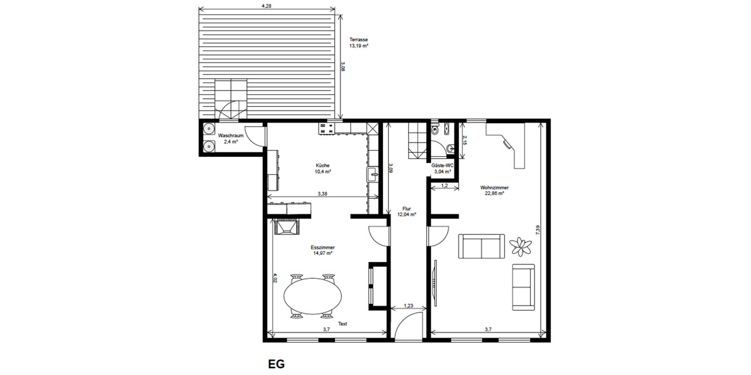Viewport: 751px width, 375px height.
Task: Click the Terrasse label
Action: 359,40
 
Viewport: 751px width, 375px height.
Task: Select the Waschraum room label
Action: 230,135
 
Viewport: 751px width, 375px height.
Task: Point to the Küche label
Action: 323,166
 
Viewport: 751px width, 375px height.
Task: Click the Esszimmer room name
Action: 322,247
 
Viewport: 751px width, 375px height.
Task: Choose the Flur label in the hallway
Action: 406,209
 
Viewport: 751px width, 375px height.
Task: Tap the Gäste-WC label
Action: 442,165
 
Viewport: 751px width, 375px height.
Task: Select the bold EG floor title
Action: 277,363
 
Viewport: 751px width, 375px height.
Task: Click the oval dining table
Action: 313,296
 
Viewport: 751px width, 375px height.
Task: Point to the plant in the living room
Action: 519,246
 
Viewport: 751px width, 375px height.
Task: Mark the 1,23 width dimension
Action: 408,305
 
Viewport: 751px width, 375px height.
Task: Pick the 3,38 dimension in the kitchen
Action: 322,194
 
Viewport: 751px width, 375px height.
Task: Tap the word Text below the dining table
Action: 342,324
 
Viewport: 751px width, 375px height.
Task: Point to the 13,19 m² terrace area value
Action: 359,46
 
